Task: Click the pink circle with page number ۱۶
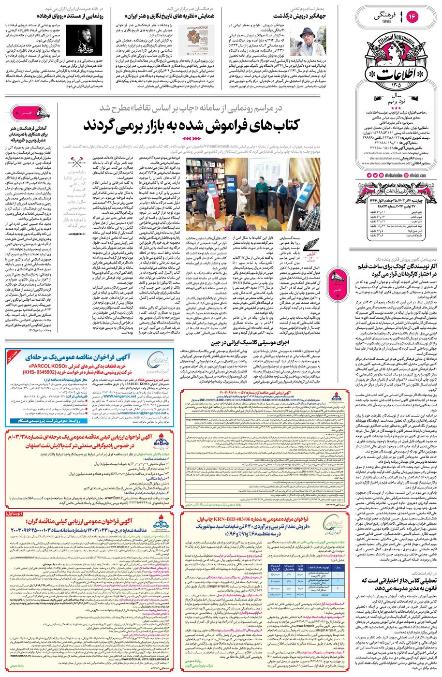tap(427, 16)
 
